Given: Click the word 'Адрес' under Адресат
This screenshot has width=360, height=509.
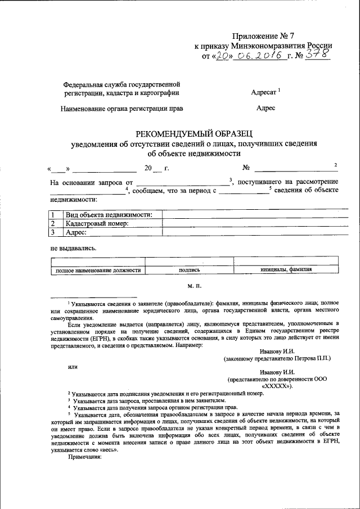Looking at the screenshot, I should (x=265, y=108).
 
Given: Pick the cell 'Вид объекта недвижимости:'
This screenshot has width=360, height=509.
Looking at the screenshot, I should (x=109, y=214).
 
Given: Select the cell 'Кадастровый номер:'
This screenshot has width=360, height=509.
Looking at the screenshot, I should (x=97, y=223).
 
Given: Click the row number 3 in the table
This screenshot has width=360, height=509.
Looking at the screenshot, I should (x=52, y=231).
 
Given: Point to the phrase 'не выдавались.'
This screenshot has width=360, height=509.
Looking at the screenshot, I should (x=73, y=248).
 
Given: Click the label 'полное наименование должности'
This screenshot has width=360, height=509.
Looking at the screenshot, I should (x=97, y=270).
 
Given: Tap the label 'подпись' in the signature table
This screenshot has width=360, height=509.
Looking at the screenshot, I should (x=189, y=270).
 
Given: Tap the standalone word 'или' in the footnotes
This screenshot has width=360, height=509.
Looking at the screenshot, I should (x=72, y=366).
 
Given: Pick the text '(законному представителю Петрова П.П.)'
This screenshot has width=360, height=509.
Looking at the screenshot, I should (x=277, y=358).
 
